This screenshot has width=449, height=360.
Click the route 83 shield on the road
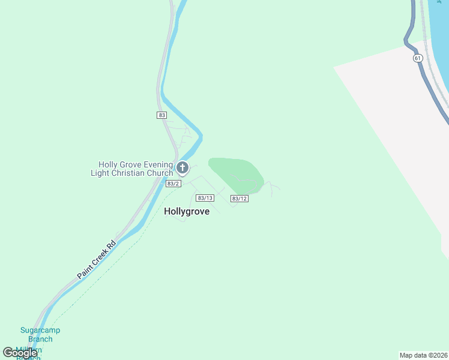tap(161, 115)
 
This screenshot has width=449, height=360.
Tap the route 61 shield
tap(418, 58)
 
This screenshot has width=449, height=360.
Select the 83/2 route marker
tap(173, 184)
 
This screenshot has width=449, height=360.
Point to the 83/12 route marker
tap(239, 198)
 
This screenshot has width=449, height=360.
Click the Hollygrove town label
tap(187, 211)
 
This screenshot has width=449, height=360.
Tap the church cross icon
tap(182, 168)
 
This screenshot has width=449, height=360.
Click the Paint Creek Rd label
tap(96, 260)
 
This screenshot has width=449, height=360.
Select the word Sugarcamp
tap(40, 330)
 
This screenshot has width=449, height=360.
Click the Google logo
tap(20, 352)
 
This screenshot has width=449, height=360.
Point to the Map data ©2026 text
tap(423, 355)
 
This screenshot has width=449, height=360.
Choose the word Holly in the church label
tap(109, 165)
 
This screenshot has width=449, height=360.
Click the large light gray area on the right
tap(396, 150)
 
